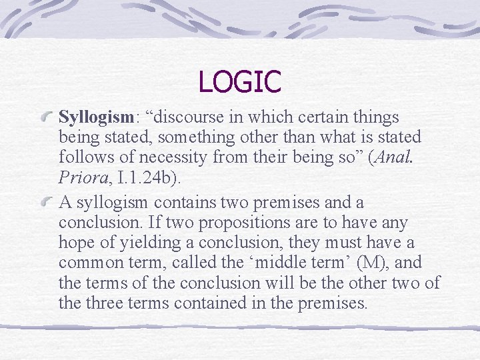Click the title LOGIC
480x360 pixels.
(x=240, y=82)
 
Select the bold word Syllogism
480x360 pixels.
(x=96, y=118)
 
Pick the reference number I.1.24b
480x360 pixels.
(x=153, y=178)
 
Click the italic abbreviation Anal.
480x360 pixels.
(x=408, y=158)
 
